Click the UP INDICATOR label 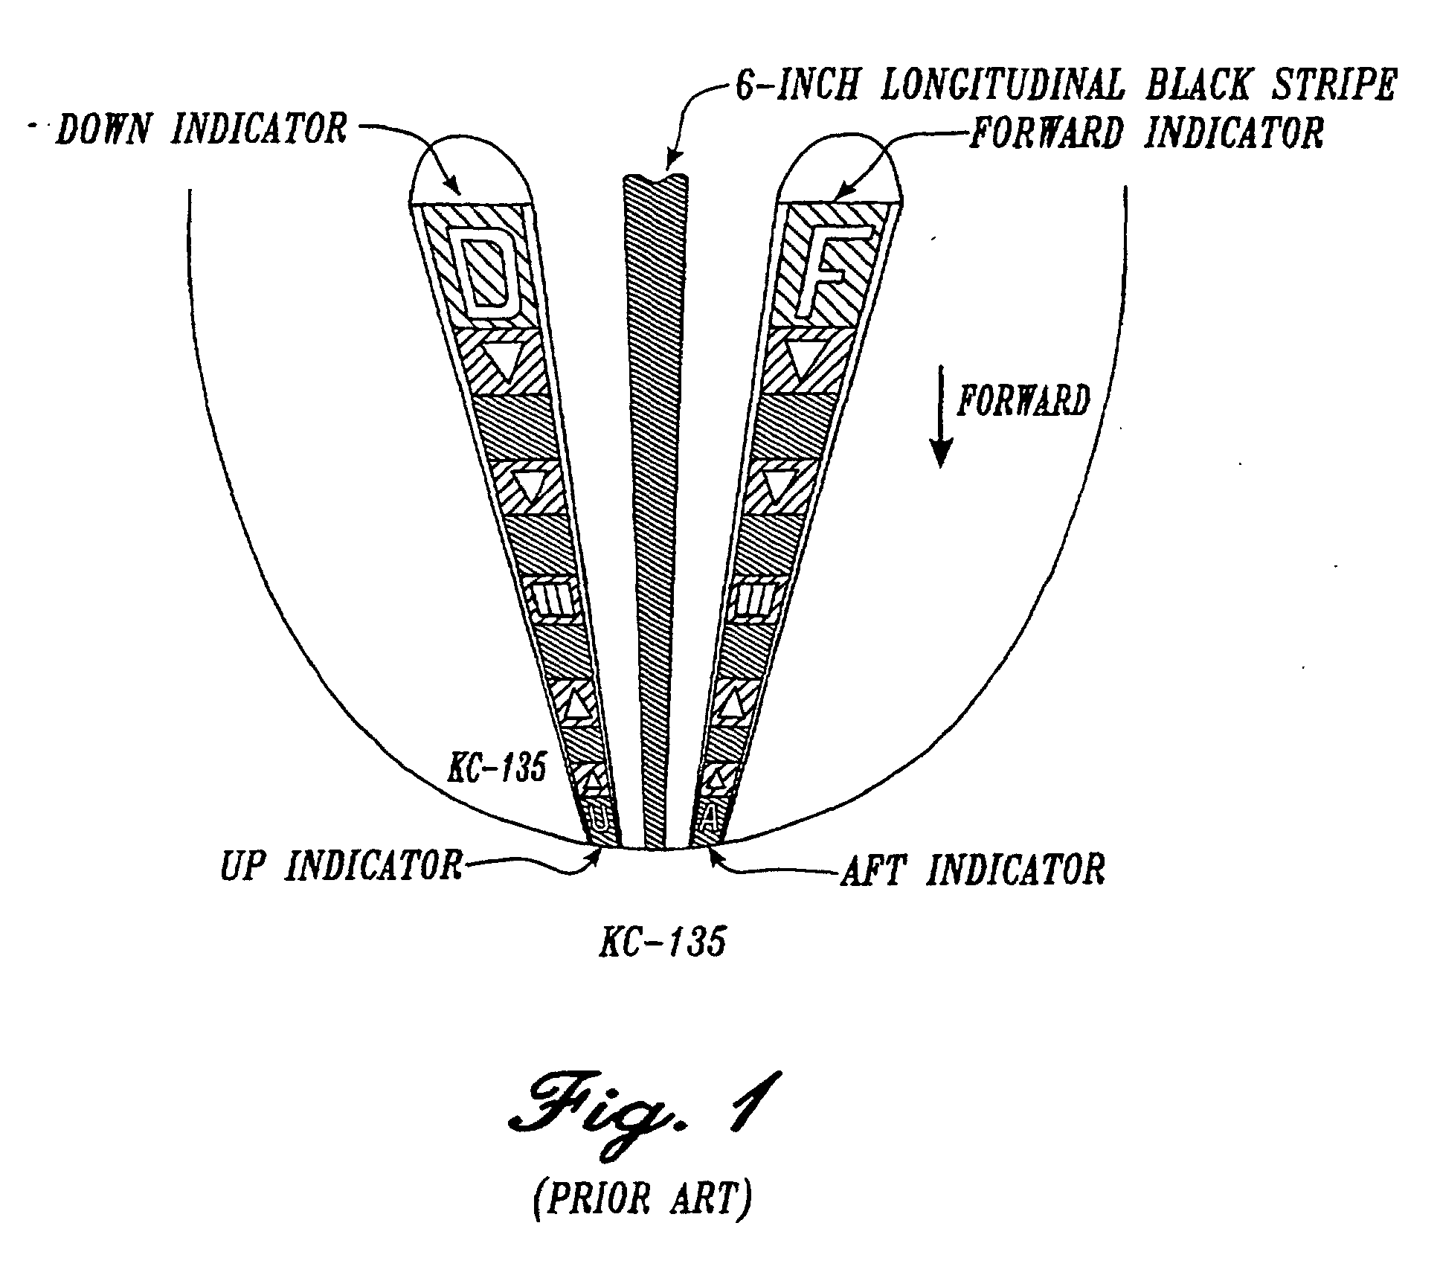click(x=341, y=866)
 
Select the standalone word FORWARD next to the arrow click(x=1023, y=401)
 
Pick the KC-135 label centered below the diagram click(x=662, y=943)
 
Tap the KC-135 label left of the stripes click(x=496, y=768)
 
